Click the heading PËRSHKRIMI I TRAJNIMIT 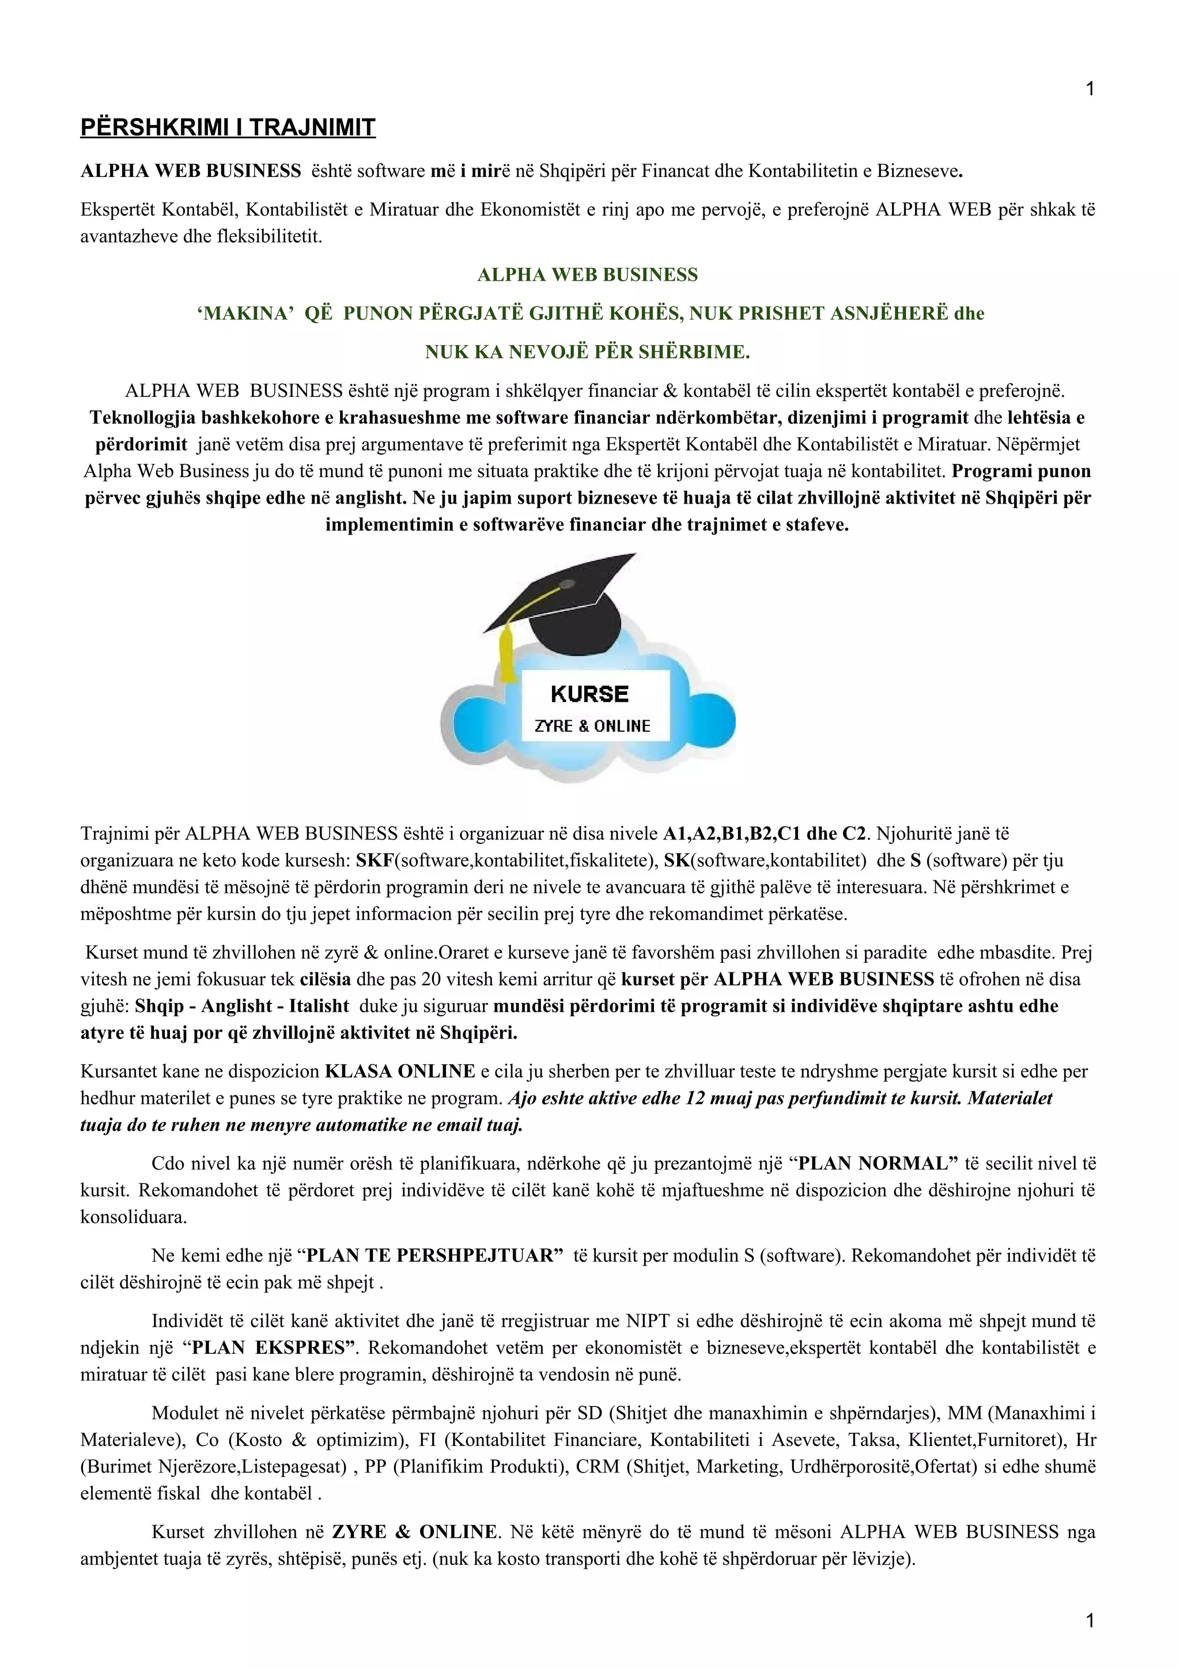[228, 128]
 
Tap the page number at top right [1089, 89]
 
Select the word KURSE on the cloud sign [589, 694]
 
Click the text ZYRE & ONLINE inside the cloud [592, 726]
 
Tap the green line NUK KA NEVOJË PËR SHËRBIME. [588, 353]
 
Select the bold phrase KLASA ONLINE [400, 1072]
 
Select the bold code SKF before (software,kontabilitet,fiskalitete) [374, 861]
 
